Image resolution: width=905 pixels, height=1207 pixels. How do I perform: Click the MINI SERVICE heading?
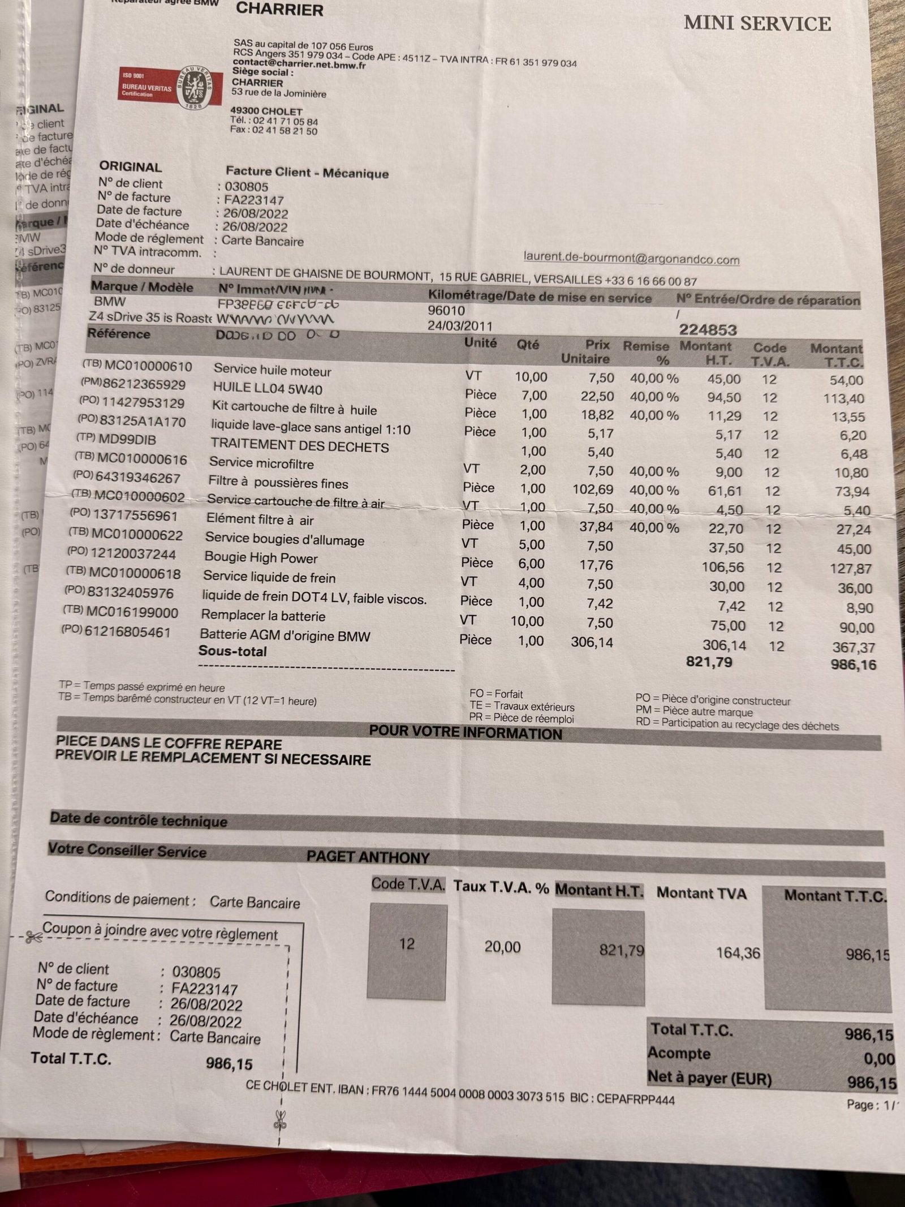coord(757,24)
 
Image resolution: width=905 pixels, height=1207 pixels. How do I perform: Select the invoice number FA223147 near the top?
coord(254,200)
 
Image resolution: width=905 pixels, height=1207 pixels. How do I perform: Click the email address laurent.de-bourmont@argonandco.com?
coord(631,259)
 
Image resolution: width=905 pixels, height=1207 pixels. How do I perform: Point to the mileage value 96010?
coord(447,311)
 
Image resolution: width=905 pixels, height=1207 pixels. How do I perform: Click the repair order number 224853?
coord(708,330)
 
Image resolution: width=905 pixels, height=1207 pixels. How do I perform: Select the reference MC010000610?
coord(148,366)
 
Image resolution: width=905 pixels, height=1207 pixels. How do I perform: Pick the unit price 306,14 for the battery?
coord(592,642)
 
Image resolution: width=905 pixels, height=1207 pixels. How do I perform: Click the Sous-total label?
coord(232,651)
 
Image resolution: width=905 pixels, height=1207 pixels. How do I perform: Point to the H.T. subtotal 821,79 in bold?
coord(709,662)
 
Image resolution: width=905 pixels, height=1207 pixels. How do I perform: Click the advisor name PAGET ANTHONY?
coord(368,857)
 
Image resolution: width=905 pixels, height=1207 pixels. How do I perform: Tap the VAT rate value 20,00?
coord(502,947)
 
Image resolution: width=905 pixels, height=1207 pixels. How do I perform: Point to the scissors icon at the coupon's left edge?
coord(33,938)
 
